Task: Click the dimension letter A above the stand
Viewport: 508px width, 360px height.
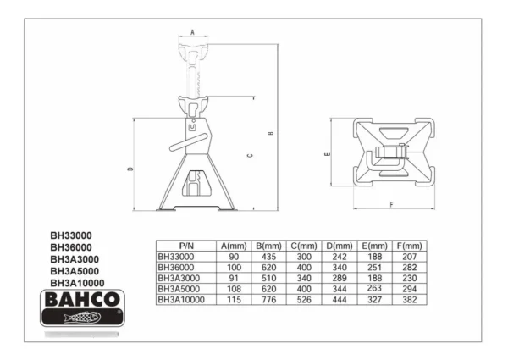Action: (192, 32)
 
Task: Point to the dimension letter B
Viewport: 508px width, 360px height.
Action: (271, 133)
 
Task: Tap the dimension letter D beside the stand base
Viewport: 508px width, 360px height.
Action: (130, 169)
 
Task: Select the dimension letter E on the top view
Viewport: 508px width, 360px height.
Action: (328, 154)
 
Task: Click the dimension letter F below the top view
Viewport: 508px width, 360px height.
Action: (391, 204)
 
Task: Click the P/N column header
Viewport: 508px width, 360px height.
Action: (186, 246)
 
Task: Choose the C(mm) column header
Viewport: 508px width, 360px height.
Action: (304, 246)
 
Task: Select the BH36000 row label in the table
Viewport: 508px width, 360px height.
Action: (176, 268)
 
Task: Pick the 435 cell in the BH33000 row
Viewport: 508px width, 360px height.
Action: (268, 257)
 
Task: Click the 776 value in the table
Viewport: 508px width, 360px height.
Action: (268, 300)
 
